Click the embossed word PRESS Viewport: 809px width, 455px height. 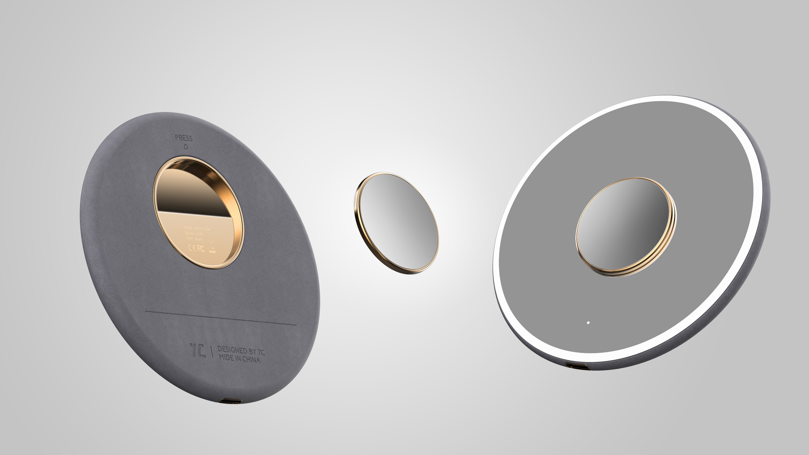[184, 138]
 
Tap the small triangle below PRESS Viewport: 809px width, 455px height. [186, 146]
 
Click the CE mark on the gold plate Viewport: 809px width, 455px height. [192, 248]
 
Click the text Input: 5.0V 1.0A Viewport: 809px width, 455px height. [197, 228]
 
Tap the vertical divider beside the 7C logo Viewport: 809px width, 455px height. [212, 352]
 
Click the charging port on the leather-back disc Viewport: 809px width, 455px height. [231, 401]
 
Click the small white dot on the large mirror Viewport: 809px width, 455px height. [588, 323]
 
